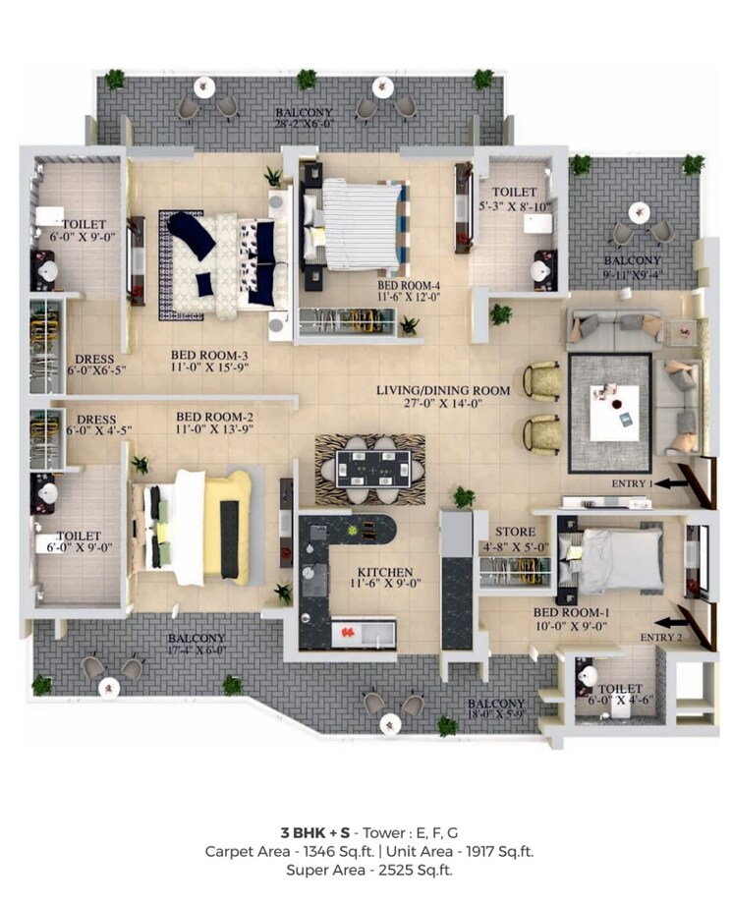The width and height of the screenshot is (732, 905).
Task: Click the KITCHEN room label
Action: click(x=385, y=572)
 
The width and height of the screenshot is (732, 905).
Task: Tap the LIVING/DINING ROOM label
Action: click(x=443, y=390)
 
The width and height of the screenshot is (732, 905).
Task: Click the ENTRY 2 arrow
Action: click(x=674, y=621)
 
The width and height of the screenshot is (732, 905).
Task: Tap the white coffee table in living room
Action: click(x=613, y=413)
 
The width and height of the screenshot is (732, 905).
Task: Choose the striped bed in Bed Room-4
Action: click(x=359, y=222)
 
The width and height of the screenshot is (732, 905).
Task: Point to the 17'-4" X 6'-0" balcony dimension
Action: click(x=197, y=650)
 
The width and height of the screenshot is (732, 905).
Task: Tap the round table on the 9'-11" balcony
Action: click(x=640, y=212)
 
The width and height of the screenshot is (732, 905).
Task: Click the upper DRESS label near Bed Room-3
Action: click(x=89, y=359)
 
